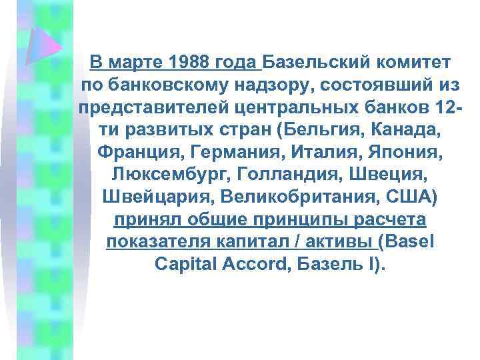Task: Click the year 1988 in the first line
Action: click(189, 63)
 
